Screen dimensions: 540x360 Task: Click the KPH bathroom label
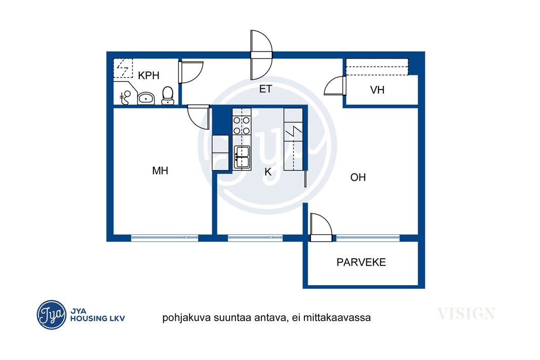pos(148,75)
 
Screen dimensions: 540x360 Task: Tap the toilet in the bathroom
pos(168,95)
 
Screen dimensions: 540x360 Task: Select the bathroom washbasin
pos(146,98)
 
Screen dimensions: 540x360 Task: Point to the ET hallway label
pos(265,89)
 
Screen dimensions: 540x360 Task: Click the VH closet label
pos(377,90)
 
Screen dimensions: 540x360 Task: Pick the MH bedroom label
pos(160,170)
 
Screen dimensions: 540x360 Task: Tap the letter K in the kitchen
pos(268,172)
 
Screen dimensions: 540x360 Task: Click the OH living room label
pos(358,177)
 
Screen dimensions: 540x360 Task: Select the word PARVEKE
pos(361,262)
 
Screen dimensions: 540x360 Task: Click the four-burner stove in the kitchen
pos(242,126)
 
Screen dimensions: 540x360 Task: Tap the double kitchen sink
pos(242,157)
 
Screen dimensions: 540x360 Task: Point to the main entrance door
pos(261,55)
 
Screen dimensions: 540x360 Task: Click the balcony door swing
pos(321,227)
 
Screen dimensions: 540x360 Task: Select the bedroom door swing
pos(199,117)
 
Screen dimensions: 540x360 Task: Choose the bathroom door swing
pos(190,72)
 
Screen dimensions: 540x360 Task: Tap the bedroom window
pos(165,237)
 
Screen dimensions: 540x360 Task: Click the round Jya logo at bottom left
pos(52,314)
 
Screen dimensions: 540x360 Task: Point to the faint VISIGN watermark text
pos(467,313)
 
